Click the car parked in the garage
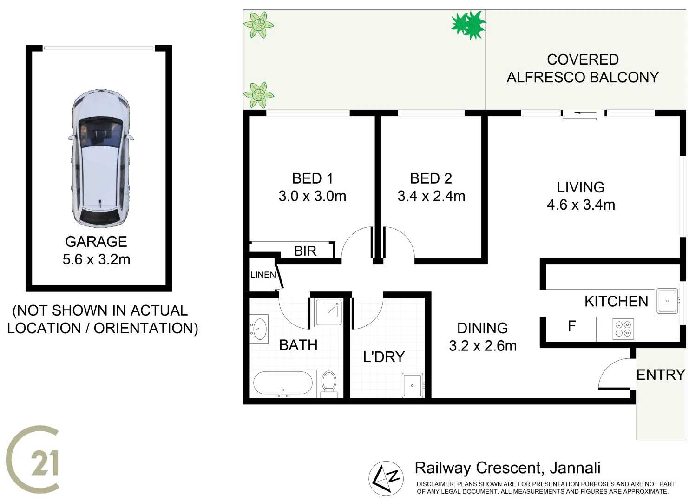99,158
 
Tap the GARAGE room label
96,242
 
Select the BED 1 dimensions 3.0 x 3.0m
312,196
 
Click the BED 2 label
431,178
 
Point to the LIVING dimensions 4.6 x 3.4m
581,205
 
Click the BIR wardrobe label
305,251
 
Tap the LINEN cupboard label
263,275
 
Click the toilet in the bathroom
329,382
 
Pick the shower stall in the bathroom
328,312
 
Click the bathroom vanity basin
259,329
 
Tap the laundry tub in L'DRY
413,385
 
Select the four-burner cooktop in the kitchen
623,329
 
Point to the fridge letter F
572,326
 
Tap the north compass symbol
386,478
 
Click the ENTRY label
660,375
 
